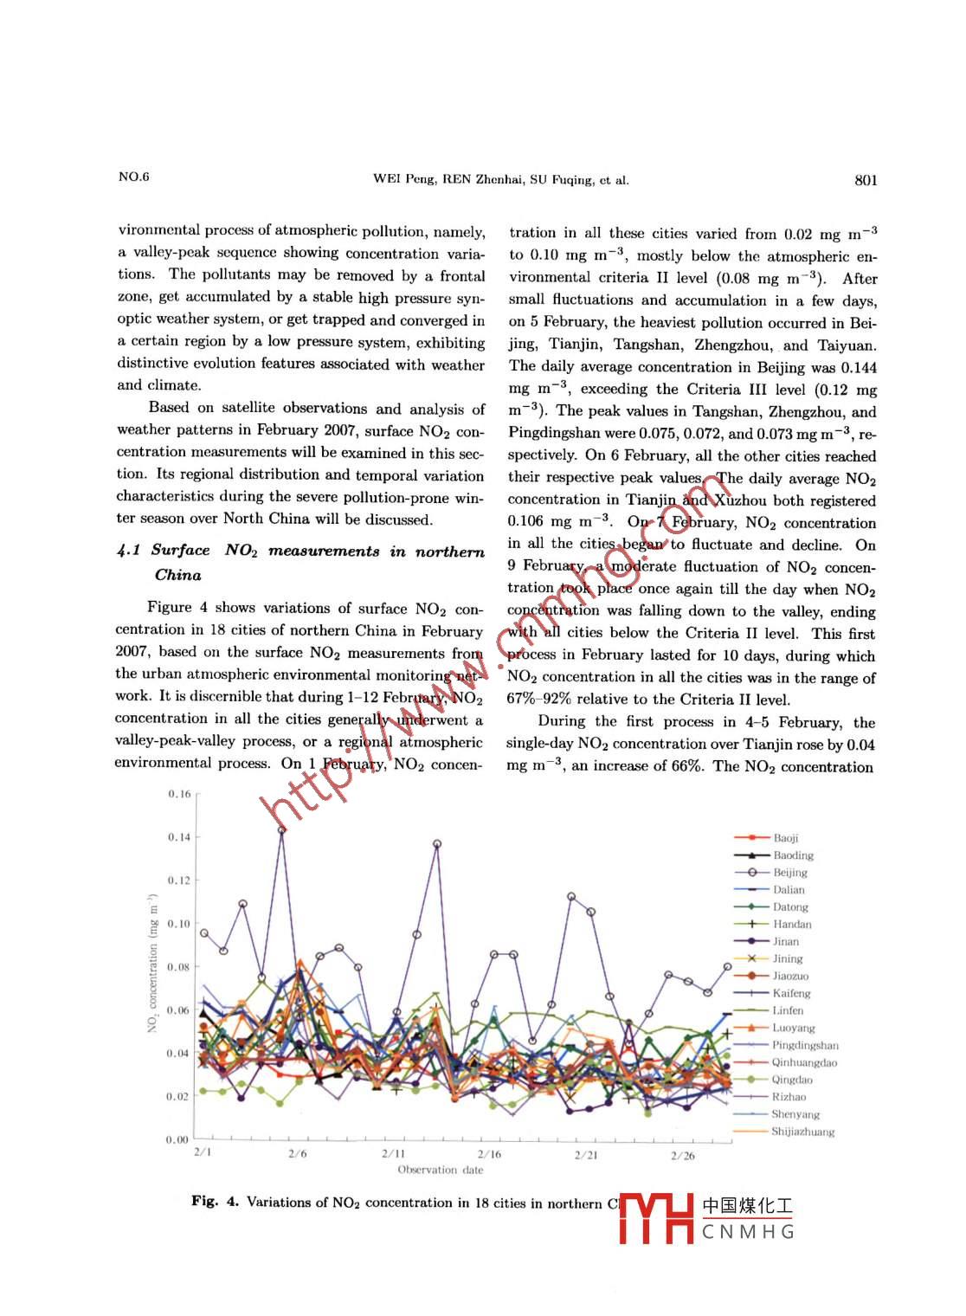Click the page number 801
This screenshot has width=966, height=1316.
click(866, 180)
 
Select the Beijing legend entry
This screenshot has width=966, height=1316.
click(789, 873)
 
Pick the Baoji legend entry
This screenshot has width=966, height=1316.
click(786, 838)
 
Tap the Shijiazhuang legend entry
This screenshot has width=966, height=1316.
click(802, 1132)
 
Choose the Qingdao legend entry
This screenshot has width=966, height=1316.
click(792, 1080)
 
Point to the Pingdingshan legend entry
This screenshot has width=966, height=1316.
click(805, 1045)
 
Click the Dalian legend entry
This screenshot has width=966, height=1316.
click(789, 890)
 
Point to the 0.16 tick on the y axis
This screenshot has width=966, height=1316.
click(179, 794)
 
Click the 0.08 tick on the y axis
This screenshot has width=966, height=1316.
click(179, 967)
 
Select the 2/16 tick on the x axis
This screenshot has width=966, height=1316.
click(489, 1155)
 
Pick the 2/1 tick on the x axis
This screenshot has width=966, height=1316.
click(203, 1152)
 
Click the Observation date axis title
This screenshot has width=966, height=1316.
click(440, 1171)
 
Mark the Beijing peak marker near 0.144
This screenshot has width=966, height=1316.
click(281, 829)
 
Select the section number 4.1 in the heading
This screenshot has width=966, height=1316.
click(128, 551)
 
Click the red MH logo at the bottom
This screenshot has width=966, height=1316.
click(657, 1218)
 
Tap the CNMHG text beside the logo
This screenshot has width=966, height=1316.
click(748, 1231)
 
